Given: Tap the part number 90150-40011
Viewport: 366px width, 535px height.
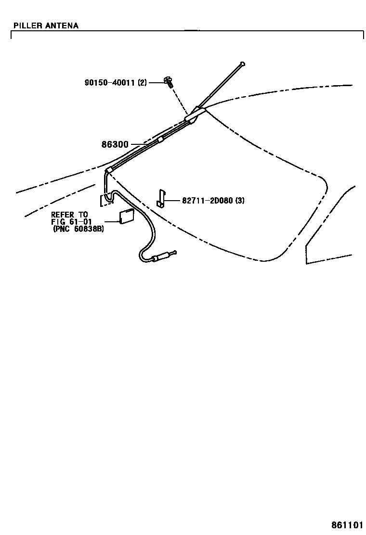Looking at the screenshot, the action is [110, 83].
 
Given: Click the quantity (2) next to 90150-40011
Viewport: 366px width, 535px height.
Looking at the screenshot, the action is [142, 83].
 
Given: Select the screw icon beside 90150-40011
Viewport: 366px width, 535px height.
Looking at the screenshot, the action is [168, 81].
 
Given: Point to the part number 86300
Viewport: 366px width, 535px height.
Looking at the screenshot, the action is [115, 144].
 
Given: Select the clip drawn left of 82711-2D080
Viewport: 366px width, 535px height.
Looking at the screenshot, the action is [162, 198].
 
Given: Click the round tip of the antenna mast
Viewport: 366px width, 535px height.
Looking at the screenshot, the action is [243, 63].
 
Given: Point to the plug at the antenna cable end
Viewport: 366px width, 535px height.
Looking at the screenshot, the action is [164, 255].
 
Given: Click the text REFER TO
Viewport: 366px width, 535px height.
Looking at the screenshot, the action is [69, 215].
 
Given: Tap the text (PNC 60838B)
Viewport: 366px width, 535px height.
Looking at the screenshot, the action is [78, 229].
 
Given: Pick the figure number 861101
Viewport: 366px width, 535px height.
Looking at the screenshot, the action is [346, 524].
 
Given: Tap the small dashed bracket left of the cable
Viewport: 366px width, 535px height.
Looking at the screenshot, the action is [102, 200].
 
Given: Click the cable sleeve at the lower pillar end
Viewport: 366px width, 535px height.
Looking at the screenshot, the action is [109, 170].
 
